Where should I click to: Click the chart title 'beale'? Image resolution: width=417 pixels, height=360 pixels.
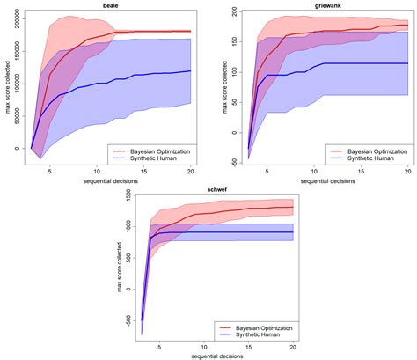(x=111, y=5)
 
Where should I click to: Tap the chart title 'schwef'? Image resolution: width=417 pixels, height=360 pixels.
(x=216, y=188)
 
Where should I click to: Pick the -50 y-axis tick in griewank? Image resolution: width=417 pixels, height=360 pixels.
(x=232, y=162)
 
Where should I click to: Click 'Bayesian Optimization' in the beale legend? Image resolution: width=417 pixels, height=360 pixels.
(x=157, y=151)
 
